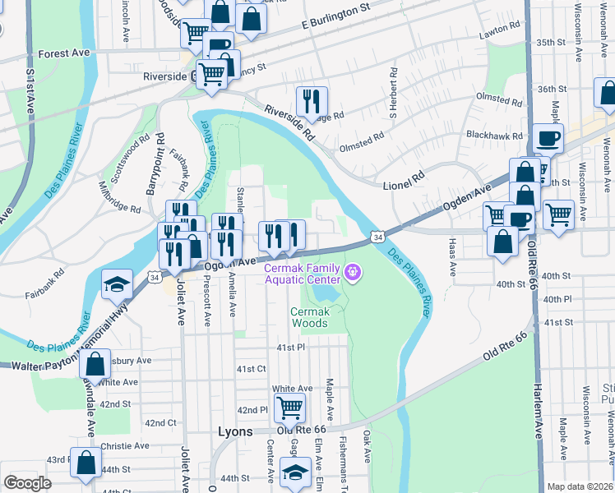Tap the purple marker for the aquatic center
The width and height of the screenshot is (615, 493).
(x=354, y=271)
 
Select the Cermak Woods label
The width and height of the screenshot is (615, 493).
(x=309, y=317)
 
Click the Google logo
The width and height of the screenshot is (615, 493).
(x=27, y=483)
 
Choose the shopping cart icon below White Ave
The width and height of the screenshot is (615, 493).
(x=289, y=408)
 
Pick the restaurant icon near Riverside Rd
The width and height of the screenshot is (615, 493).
(x=312, y=102)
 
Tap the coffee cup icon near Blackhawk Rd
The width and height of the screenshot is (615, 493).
(x=547, y=139)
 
